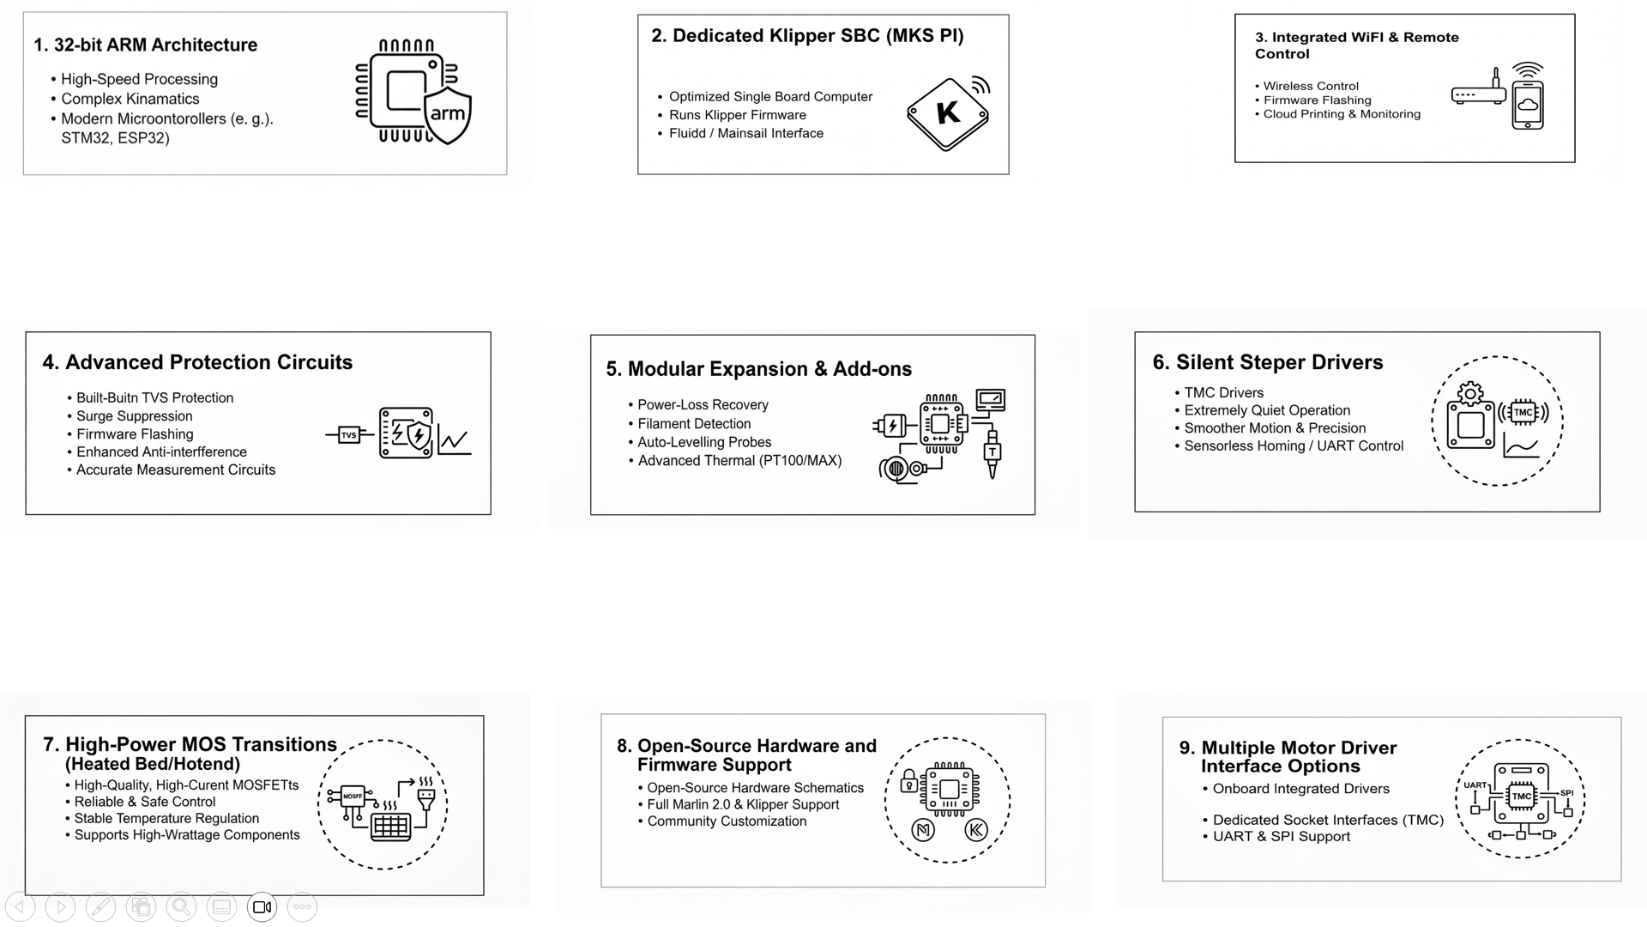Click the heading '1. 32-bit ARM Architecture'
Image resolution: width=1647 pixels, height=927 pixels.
coord(146,45)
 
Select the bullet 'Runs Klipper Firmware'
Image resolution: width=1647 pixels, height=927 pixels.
coord(738,115)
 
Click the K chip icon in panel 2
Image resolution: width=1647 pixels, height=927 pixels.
coord(948,112)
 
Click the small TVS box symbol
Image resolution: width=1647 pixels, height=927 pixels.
coord(349,435)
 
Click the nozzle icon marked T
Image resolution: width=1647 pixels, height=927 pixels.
coord(992,451)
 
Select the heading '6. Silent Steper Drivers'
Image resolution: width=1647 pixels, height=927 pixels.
coord(1268,362)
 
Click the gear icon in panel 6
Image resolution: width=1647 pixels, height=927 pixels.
coord(1470,394)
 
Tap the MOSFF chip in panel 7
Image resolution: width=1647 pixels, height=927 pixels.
coord(353,796)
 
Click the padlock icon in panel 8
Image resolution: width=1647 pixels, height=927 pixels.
coord(909,781)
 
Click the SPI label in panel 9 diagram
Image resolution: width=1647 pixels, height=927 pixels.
coord(1566,793)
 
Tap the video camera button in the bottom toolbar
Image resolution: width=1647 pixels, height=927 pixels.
coord(262,907)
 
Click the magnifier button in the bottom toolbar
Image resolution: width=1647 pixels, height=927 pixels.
coord(181,907)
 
